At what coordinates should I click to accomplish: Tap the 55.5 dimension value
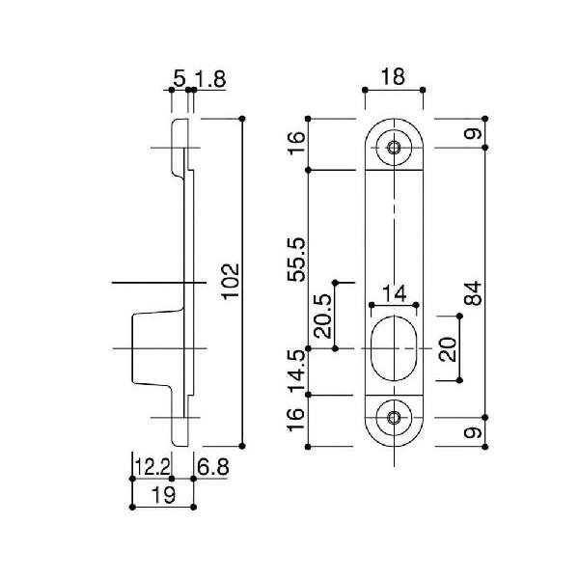click(297, 258)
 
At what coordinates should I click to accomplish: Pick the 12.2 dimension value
click(152, 467)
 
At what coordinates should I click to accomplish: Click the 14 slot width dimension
click(393, 292)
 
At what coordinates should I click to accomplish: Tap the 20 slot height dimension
click(447, 347)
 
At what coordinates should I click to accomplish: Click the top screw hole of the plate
click(393, 148)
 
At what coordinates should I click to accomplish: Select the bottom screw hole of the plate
click(393, 418)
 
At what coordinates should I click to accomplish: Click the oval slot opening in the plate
click(393, 347)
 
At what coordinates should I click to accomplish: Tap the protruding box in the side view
click(152, 347)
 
